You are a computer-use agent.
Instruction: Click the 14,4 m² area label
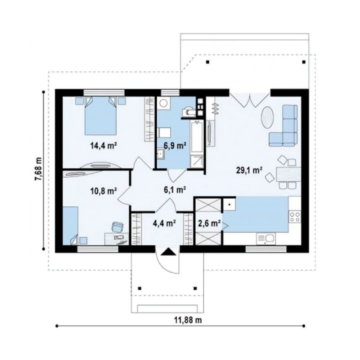(103, 146)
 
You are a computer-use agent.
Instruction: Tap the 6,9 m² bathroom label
(175, 145)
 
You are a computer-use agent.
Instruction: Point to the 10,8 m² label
(103, 191)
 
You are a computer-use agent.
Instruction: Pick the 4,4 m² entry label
(165, 223)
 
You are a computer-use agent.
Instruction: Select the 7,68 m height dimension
(39, 169)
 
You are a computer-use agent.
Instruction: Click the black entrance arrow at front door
(168, 252)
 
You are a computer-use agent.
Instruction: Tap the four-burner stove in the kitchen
(295, 217)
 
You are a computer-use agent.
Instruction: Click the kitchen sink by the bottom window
(266, 239)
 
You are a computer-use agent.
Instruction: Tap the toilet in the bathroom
(188, 111)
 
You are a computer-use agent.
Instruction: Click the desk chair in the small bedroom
(117, 227)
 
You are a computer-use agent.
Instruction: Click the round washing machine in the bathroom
(164, 102)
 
